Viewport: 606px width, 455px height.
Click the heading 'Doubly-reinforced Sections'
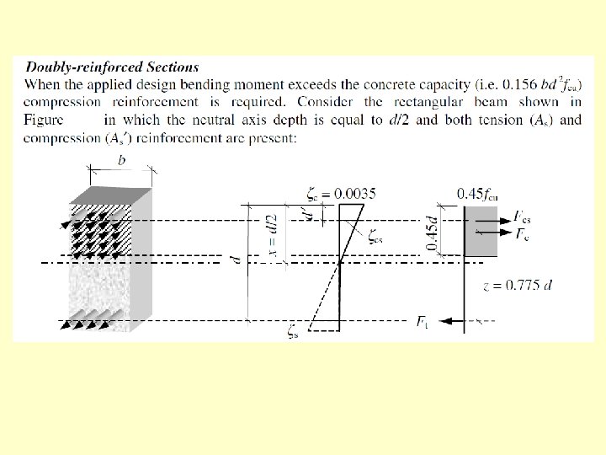(x=112, y=67)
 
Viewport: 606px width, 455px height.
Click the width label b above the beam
(x=121, y=159)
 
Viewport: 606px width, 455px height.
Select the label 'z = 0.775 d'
(x=518, y=285)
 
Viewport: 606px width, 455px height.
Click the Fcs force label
(x=522, y=216)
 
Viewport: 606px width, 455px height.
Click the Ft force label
(x=423, y=320)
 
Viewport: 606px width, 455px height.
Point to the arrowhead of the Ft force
(x=444, y=321)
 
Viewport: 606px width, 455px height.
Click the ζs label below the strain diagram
(x=292, y=334)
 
